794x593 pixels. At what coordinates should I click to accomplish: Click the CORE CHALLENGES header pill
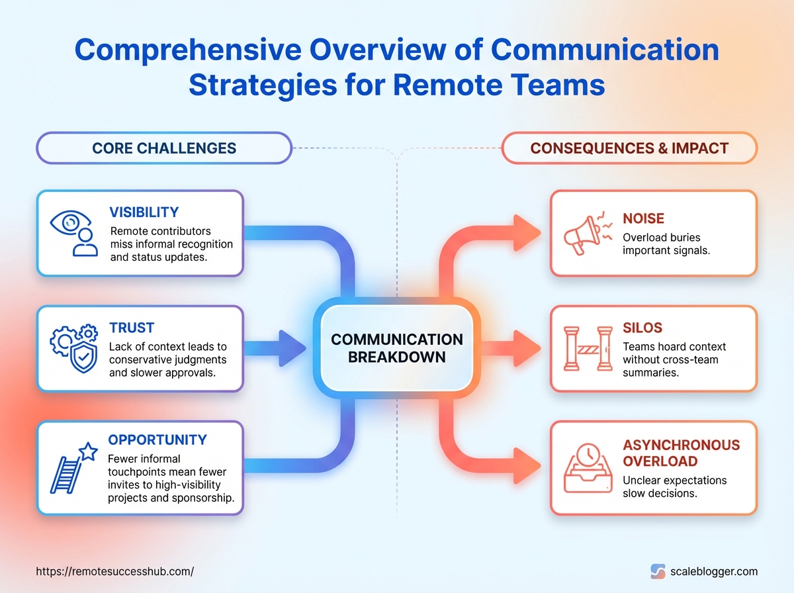pos(164,148)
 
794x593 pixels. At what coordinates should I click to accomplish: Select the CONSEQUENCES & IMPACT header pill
pos(629,148)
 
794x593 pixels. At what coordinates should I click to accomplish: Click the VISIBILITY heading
pos(144,212)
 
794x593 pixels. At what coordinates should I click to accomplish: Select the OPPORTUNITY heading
pos(157,439)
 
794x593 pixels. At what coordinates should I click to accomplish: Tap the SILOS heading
pos(642,328)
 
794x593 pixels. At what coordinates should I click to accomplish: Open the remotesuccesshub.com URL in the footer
pos(114,570)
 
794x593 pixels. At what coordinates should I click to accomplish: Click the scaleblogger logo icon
pos(658,571)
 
